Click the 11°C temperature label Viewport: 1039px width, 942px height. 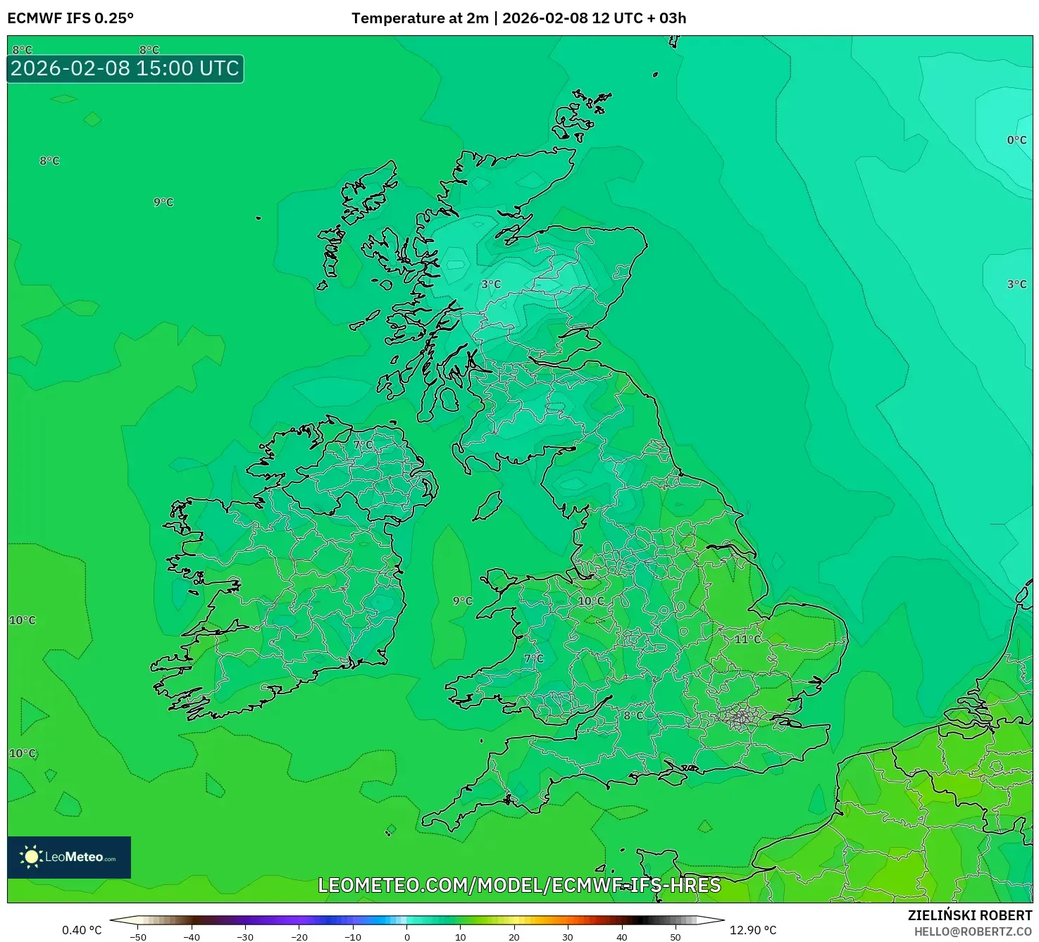(x=747, y=639)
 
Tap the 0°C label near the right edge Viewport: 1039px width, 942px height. (x=1016, y=140)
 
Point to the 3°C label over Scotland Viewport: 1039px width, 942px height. (x=491, y=284)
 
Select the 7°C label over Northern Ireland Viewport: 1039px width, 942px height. (x=363, y=445)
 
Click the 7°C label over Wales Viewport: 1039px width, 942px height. (x=534, y=659)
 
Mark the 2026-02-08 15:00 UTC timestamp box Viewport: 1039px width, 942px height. (x=125, y=69)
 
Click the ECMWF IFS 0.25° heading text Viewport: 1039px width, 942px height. (x=70, y=18)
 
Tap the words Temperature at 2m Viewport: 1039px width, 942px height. (x=420, y=18)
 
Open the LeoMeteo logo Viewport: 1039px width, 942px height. (x=69, y=857)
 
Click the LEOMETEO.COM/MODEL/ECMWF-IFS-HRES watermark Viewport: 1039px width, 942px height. (x=519, y=885)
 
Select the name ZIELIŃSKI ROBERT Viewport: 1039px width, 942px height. (x=969, y=915)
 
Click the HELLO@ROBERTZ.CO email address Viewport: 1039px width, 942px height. (x=973, y=931)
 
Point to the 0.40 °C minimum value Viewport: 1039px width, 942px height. (x=82, y=930)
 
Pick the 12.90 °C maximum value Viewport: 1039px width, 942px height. (x=753, y=930)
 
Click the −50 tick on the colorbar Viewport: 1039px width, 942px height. (x=138, y=937)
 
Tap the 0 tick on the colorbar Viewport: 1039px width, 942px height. (x=406, y=937)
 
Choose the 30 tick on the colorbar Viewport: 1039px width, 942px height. (x=568, y=937)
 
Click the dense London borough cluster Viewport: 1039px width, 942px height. (x=741, y=717)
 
